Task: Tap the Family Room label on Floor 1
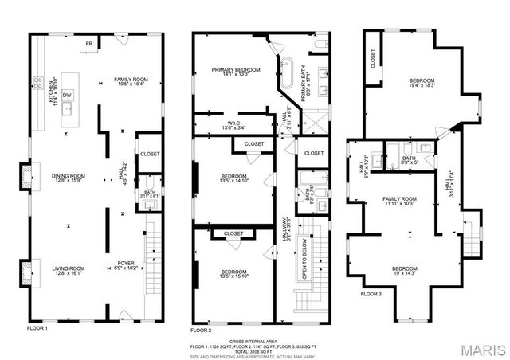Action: [131, 82]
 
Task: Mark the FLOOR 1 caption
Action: [37, 328]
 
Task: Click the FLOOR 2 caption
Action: [201, 330]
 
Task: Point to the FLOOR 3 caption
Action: [371, 294]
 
